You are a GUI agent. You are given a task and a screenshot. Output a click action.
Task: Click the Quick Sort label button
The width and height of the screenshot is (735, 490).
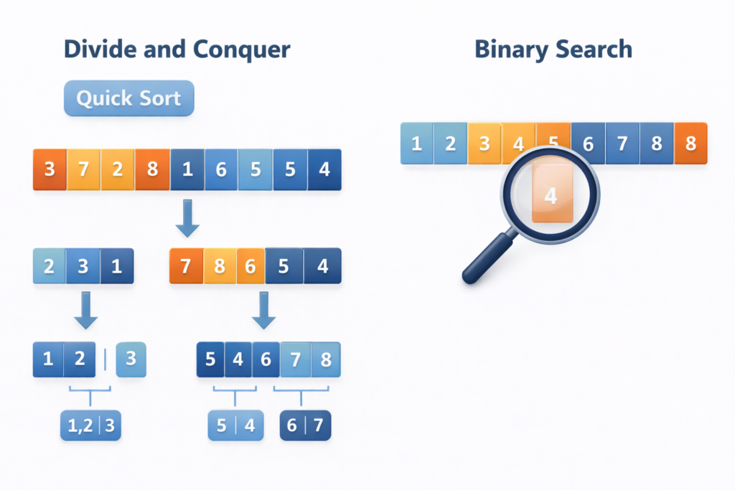128,98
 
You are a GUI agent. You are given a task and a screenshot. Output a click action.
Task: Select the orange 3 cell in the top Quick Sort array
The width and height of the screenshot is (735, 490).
50,170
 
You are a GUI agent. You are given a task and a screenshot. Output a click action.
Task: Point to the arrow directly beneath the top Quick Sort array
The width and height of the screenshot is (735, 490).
187,219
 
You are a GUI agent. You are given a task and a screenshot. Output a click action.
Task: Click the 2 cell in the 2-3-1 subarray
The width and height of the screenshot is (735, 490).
50,266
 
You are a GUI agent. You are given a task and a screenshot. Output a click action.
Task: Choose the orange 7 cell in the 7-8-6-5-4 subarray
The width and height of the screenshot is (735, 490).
186,266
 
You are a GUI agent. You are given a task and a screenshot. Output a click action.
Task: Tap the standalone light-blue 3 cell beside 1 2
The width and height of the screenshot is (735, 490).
131,359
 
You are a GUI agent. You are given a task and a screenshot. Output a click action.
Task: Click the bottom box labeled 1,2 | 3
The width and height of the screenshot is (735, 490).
90,425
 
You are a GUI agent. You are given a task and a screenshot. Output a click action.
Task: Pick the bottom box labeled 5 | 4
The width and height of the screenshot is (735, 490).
235,425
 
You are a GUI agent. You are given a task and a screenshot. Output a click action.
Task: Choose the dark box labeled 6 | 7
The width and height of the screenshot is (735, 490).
305,425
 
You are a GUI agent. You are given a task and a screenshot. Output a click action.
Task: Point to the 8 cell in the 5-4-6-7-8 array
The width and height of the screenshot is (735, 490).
326,359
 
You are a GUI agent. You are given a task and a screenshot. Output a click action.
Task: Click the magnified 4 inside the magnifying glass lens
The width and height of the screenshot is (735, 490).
551,195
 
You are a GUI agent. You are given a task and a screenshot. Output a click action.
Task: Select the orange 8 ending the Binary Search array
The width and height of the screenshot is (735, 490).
690,143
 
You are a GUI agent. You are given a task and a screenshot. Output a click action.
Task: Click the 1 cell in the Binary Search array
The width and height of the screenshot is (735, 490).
416,143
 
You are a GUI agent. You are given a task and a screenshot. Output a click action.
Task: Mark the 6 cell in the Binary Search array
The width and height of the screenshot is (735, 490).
588,143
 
